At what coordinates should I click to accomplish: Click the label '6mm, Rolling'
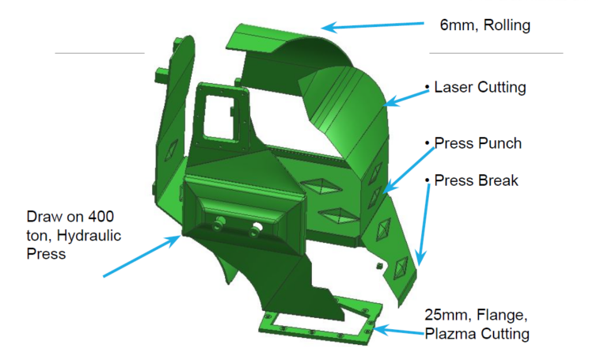click(485, 25)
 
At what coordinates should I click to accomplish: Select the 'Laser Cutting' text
click(480, 87)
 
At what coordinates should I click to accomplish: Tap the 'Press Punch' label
click(477, 143)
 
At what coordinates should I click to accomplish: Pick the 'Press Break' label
click(476, 180)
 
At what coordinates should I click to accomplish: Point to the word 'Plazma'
click(448, 334)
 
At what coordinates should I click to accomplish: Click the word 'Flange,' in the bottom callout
click(502, 315)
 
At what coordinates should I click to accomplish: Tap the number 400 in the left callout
click(101, 216)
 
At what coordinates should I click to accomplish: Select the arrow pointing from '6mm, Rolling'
click(373, 26)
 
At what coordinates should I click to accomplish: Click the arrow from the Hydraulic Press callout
click(142, 256)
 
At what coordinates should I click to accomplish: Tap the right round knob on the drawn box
click(256, 229)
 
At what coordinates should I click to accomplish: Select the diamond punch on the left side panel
click(171, 150)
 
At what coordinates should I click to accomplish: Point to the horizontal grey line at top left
click(100, 53)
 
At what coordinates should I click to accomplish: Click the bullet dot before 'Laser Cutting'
click(427, 87)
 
